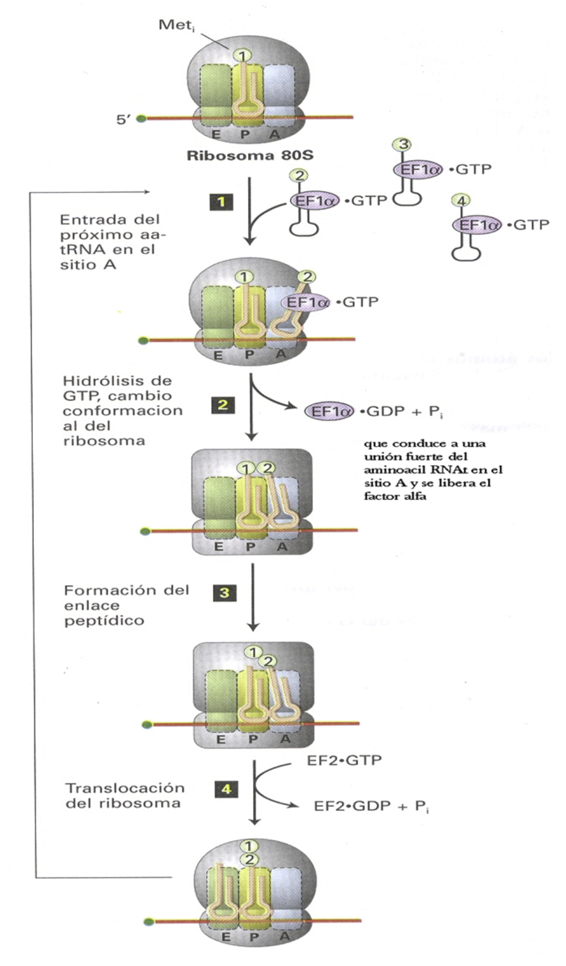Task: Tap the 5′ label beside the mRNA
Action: point(123,119)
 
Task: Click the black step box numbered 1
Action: point(221,201)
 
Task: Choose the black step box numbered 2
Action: point(223,405)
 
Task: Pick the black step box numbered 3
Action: point(225,593)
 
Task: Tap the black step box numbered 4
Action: point(226,788)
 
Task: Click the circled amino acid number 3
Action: point(403,145)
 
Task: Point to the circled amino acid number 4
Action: point(461,201)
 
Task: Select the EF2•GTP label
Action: point(344,760)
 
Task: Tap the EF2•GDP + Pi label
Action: point(371,806)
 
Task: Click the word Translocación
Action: point(125,788)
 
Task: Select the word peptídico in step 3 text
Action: point(104,621)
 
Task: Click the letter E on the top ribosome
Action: point(216,135)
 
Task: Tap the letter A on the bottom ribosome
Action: point(285,937)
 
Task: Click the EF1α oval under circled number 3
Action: point(418,169)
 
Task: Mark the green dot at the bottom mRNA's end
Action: point(149,922)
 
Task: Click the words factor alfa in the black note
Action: point(395,496)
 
